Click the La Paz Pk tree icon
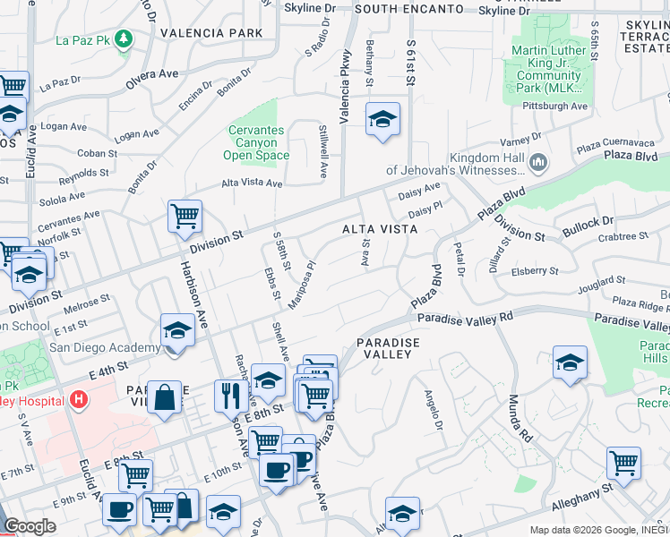122,39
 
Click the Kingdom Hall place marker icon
538,162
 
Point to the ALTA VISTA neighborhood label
380,229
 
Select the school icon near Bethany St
382,120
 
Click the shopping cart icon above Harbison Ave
185,216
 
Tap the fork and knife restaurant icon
231,395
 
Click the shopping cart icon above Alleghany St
623,464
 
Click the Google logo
30,526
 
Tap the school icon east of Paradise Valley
570,362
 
